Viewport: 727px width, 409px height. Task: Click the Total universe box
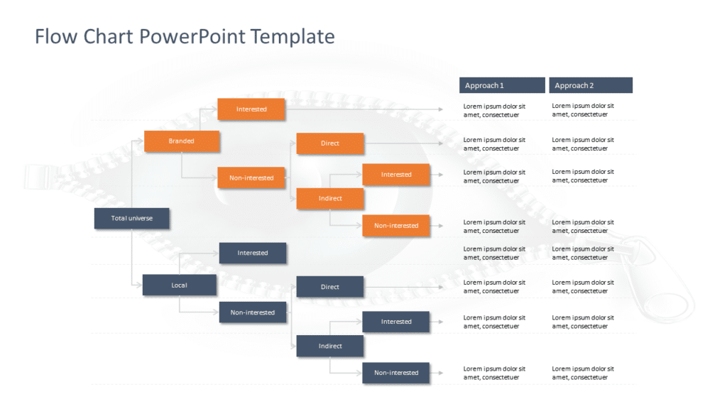131,219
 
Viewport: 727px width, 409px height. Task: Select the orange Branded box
182,141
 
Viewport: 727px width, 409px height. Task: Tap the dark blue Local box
179,285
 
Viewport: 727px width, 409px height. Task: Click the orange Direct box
330,143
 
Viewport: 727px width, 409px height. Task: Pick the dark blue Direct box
330,287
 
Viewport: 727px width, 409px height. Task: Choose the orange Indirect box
330,199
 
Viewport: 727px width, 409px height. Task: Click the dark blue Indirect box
330,347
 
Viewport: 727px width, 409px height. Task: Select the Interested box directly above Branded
251,109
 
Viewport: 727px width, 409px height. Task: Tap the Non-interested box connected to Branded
251,178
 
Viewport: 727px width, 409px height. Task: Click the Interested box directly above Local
253,253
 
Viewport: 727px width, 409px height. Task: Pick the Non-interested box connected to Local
253,312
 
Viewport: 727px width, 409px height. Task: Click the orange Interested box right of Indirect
396,175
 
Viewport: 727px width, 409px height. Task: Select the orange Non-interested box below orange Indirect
396,226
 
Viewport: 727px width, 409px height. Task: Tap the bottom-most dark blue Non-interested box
396,373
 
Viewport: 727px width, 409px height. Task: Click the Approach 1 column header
502,85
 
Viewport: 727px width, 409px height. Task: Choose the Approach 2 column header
590,85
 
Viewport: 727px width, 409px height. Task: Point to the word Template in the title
294,36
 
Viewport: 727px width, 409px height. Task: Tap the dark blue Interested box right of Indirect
396,322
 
